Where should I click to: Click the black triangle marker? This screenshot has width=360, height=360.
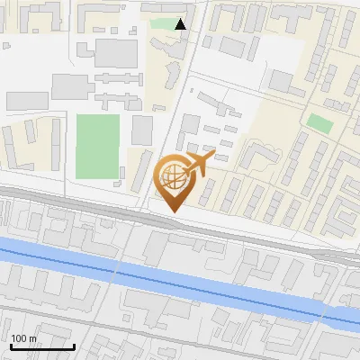click(x=181, y=24)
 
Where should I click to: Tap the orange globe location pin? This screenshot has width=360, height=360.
click(x=175, y=180)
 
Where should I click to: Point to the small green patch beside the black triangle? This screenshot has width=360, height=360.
click(x=164, y=24)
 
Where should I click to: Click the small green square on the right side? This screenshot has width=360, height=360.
click(x=319, y=122)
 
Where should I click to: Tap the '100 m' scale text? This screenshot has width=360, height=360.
click(x=24, y=338)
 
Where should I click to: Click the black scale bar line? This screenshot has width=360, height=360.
click(x=42, y=346)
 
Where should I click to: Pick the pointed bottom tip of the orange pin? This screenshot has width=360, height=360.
click(x=174, y=211)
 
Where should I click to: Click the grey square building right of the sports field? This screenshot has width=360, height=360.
click(x=142, y=130)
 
